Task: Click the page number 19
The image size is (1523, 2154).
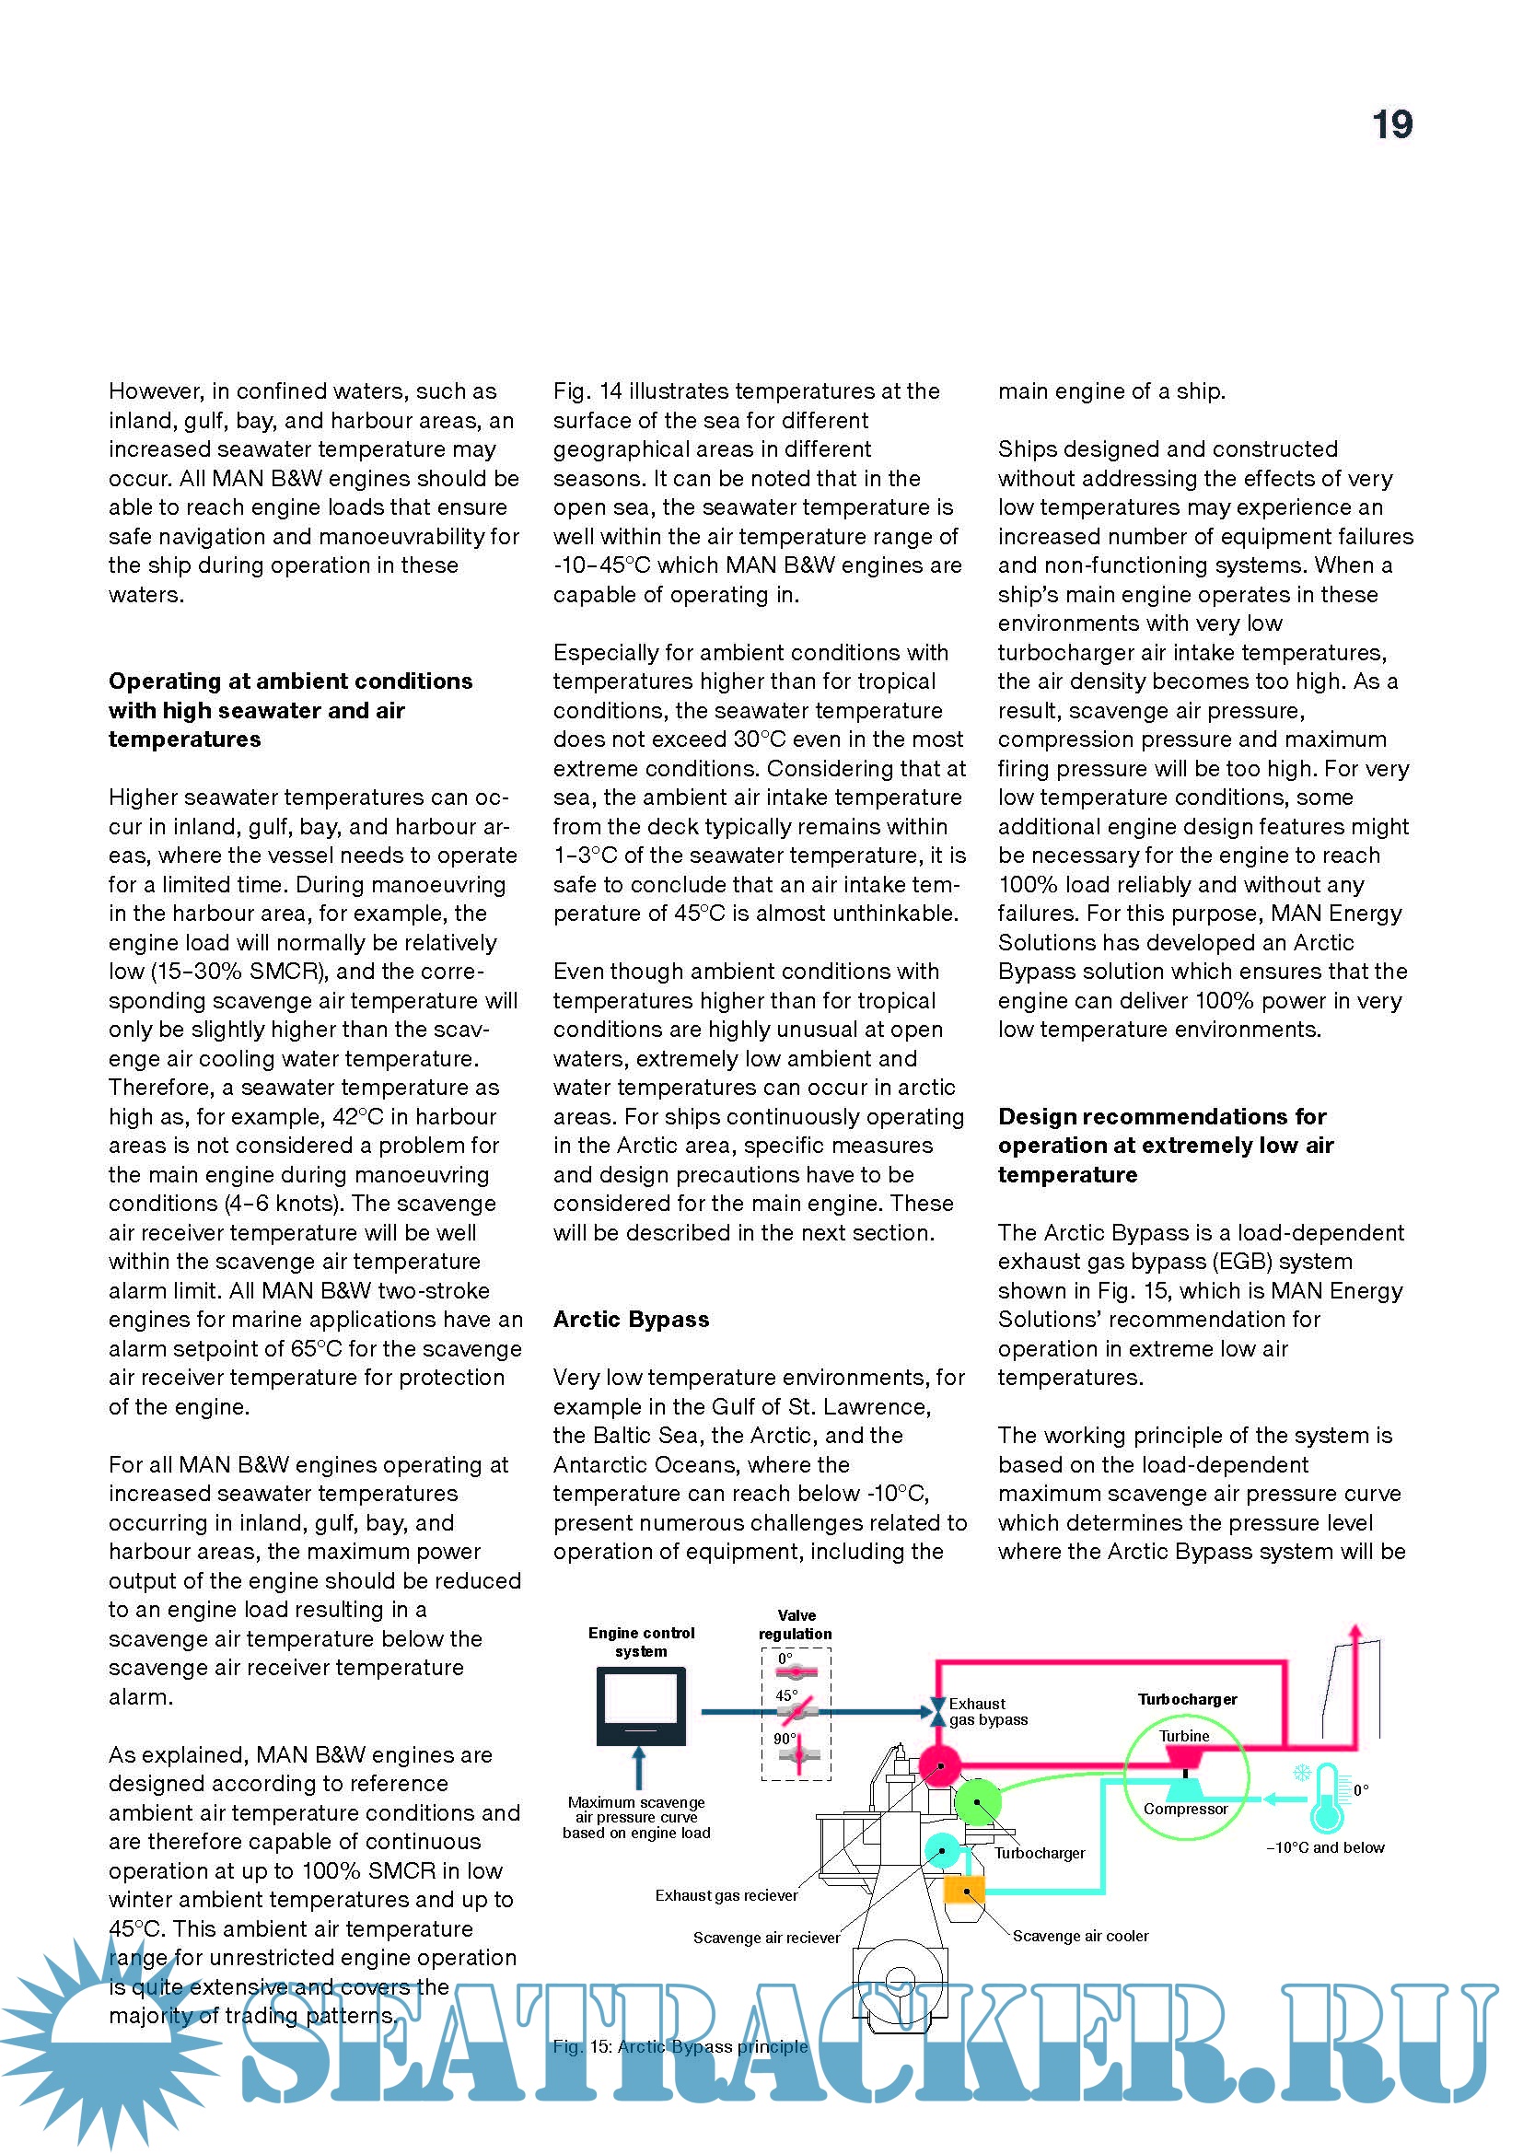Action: click(x=1391, y=124)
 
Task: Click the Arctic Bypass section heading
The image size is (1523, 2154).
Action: click(x=630, y=1319)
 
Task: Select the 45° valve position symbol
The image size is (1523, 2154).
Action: click(x=796, y=1712)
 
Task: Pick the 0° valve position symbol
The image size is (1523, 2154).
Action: click(x=796, y=1671)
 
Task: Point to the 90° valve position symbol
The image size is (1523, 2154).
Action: click(x=798, y=1754)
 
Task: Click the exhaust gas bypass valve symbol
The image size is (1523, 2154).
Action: click(x=936, y=1712)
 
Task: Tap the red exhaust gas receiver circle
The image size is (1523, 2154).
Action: click(x=938, y=1766)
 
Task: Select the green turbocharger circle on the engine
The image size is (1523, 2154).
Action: click(x=977, y=1802)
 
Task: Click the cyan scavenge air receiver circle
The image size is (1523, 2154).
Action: click(x=942, y=1851)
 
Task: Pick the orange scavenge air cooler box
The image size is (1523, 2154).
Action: click(x=963, y=1889)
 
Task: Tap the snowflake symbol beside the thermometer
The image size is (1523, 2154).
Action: click(x=1302, y=1773)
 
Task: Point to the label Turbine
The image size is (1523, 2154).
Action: click(x=1183, y=1736)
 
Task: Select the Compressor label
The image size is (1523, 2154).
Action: click(x=1185, y=1809)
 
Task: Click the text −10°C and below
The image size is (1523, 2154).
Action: click(x=1324, y=1847)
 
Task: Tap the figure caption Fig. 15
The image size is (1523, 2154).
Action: click(x=679, y=2046)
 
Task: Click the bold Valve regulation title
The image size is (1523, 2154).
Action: click(x=796, y=1624)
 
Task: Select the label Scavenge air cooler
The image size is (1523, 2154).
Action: click(x=1080, y=1936)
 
